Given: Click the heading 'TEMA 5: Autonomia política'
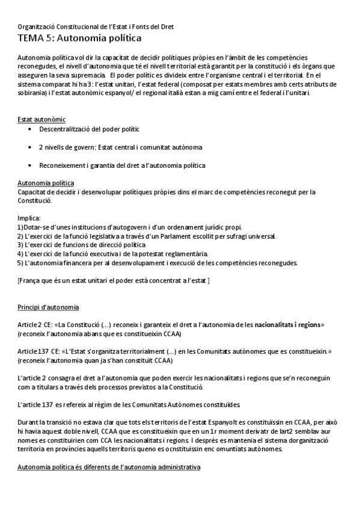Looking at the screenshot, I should (x=80, y=38).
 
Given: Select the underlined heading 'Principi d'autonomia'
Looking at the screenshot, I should (x=49, y=307).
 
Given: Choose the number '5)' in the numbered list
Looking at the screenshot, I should (x=21, y=263).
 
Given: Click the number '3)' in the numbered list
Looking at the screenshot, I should (x=21, y=245).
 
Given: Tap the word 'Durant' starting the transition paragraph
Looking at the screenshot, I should (x=29, y=423).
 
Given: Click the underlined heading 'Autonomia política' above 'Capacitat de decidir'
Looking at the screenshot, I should (x=46, y=182).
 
